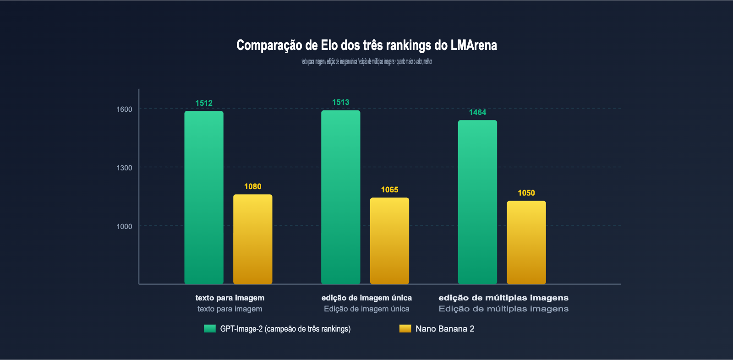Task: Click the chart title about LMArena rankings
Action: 366,45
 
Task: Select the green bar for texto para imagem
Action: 204,197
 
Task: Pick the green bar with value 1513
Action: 341,197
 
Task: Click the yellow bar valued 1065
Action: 389,241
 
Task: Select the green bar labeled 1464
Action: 477,202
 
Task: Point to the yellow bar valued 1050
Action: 526,242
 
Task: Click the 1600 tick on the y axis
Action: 124,109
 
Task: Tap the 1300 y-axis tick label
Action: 124,168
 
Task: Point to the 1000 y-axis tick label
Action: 124,226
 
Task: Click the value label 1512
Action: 204,103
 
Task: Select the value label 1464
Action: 477,112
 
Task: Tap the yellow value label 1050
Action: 526,193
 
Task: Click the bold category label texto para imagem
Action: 230,298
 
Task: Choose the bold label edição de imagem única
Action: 366,298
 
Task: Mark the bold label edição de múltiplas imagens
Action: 503,298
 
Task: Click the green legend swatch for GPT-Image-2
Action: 210,328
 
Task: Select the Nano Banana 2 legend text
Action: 445,328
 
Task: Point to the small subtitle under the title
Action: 366,61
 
